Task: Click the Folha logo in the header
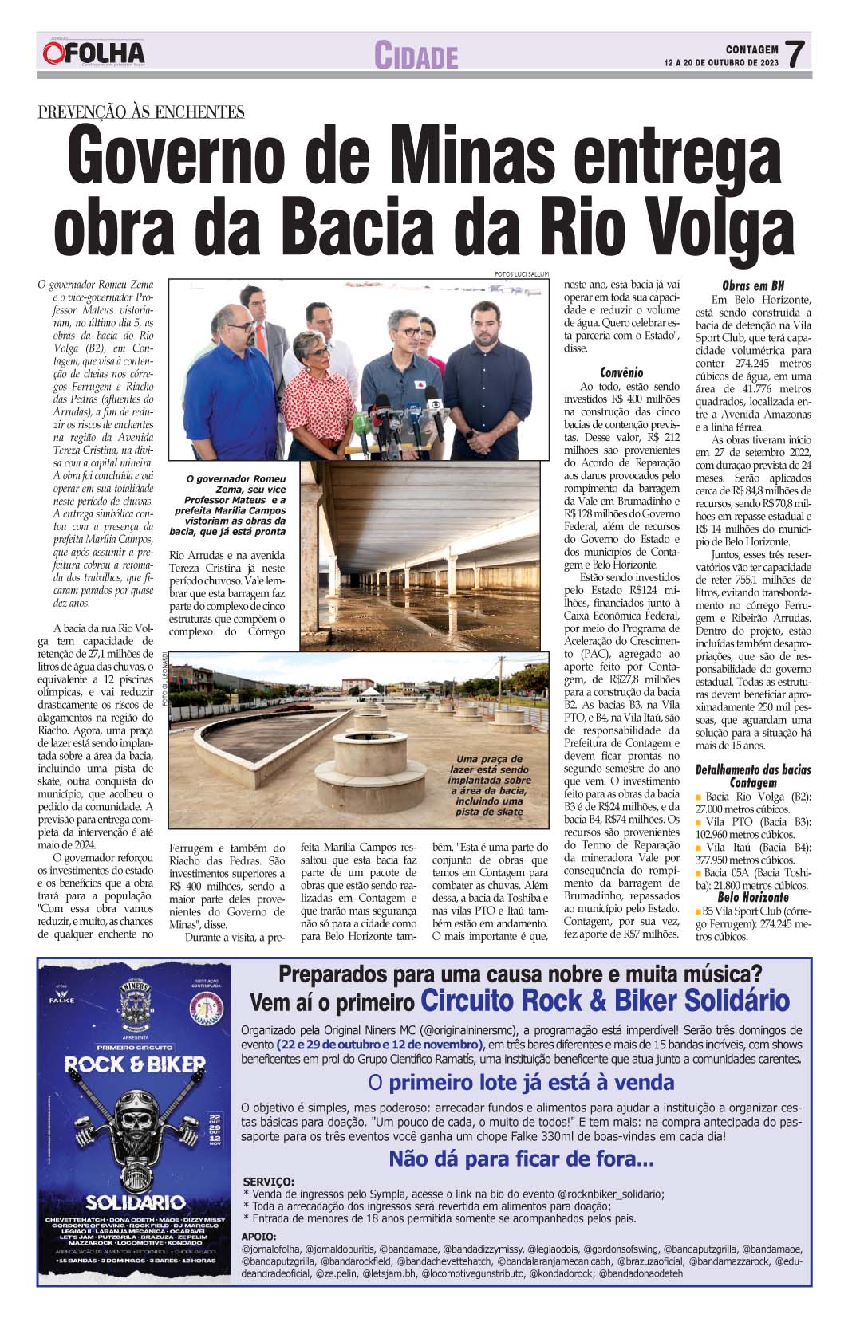tap(94, 53)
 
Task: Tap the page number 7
tap(794, 54)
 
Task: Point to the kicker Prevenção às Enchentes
tap(141, 112)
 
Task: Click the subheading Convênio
tap(621, 372)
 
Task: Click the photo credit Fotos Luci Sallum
tap(522, 274)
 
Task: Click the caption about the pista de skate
tap(490, 785)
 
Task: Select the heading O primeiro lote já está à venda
tap(521, 1082)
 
